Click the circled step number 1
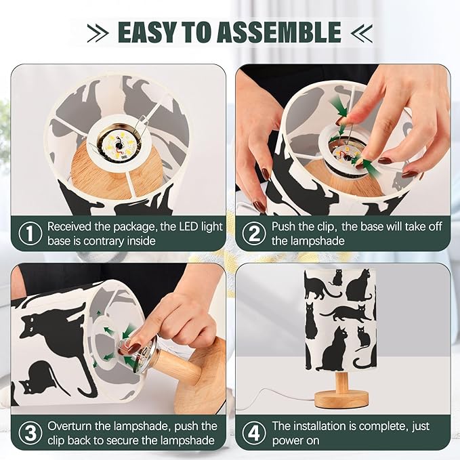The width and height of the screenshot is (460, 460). click(x=30, y=233)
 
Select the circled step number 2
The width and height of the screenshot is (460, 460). click(x=254, y=233)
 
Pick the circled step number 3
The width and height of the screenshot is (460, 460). click(x=30, y=433)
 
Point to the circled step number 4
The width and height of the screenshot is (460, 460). click(x=254, y=433)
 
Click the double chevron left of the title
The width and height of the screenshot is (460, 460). click(x=98, y=33)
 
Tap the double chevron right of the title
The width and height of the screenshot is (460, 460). click(x=362, y=33)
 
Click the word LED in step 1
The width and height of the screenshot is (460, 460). click(x=186, y=226)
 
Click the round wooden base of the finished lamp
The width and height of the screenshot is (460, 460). click(x=341, y=398)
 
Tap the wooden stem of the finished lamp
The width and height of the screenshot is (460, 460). click(x=341, y=381)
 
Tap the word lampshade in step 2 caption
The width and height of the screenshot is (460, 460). click(x=308, y=241)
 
